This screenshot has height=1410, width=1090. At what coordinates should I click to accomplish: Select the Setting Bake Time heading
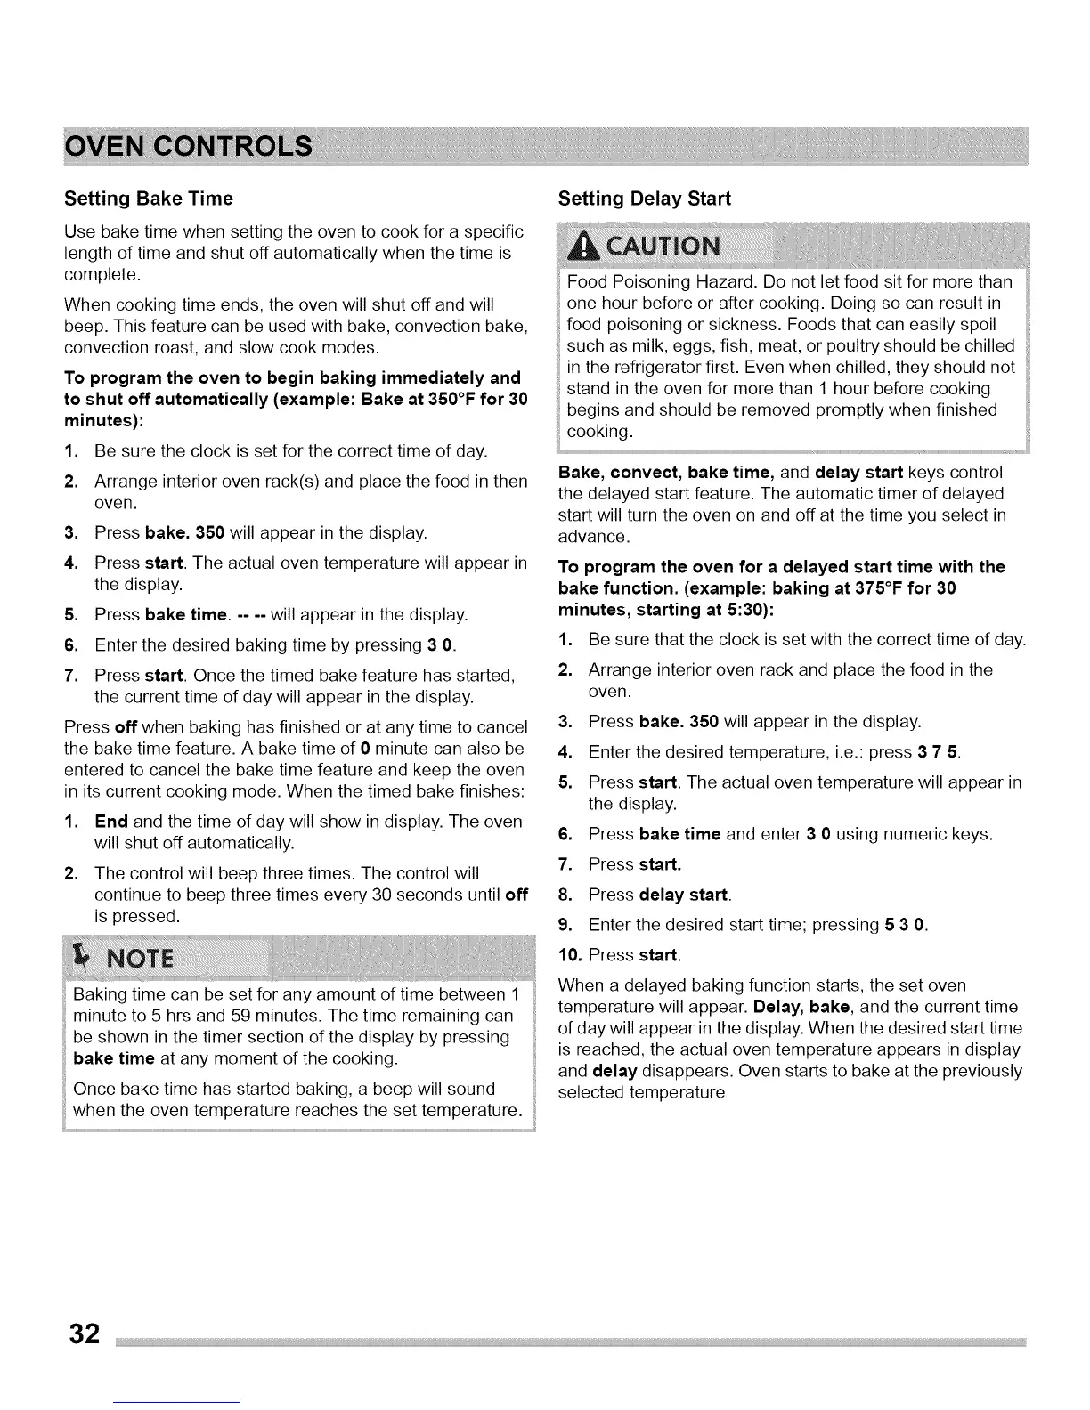[149, 199]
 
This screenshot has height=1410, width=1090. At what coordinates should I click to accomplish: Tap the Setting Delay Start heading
[644, 199]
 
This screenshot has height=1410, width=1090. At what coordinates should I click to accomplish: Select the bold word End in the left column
[112, 821]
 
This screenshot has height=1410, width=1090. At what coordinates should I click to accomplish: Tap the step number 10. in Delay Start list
[570, 955]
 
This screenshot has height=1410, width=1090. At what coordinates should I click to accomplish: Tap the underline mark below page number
[176, 1403]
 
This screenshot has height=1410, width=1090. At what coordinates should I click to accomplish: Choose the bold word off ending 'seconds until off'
[517, 894]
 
